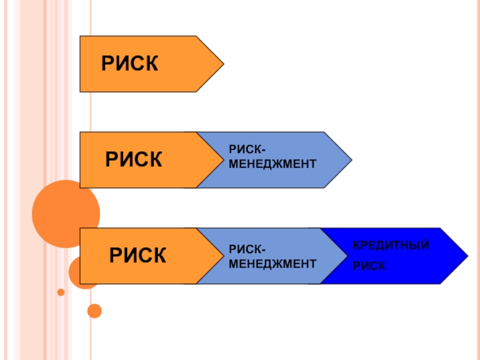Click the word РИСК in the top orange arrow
[x=130, y=64]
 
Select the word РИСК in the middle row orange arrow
[x=134, y=160]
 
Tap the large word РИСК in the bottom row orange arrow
[x=137, y=256]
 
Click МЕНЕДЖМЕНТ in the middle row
[x=272, y=164]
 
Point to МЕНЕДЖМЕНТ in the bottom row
[x=272, y=263]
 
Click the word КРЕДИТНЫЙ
[x=391, y=247]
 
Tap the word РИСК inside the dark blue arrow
[x=369, y=265]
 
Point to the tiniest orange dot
[x=61, y=292]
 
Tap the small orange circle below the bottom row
[x=94, y=311]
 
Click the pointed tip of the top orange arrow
[x=223, y=64]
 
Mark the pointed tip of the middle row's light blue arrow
[x=351, y=160]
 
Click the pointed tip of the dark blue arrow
[x=467, y=256]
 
